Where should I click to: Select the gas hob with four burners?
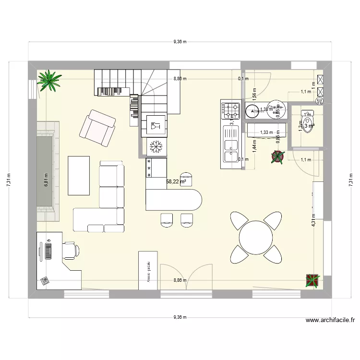click(x=230, y=110)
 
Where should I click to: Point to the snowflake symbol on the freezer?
click(x=156, y=145)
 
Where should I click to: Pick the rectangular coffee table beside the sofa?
click(x=79, y=175)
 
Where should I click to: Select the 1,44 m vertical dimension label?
click(x=254, y=144)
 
